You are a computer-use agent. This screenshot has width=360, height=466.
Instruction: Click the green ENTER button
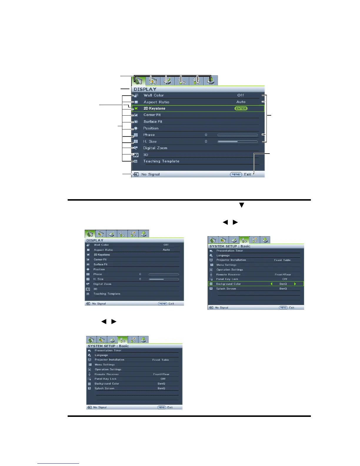pyautogui.click(x=241, y=109)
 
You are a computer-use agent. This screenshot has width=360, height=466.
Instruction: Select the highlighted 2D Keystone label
pyautogui.click(x=154, y=109)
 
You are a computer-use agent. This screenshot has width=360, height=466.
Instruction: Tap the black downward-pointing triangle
pyautogui.click(x=241, y=205)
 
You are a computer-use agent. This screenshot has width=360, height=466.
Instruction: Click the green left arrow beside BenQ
pyautogui.click(x=271, y=284)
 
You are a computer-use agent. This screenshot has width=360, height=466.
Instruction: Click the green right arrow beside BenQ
pyautogui.click(x=295, y=284)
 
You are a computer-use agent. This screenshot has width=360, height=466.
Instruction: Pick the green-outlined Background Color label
pyautogui.click(x=228, y=284)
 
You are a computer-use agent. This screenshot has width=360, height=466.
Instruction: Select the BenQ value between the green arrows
pyautogui.click(x=283, y=284)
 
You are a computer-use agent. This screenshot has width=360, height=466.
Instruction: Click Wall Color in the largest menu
pyautogui.click(x=154, y=95)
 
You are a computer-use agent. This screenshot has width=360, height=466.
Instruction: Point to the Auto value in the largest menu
pyautogui.click(x=241, y=102)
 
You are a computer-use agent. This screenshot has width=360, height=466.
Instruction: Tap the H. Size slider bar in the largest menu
pyautogui.click(x=237, y=142)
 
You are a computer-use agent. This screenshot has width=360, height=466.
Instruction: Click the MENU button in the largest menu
pyautogui.click(x=236, y=174)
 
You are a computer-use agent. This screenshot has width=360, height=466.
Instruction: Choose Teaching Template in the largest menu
pyautogui.click(x=161, y=161)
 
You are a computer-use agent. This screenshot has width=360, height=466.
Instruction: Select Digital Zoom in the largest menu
pyautogui.click(x=155, y=148)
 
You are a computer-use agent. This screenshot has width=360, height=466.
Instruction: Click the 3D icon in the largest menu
pyautogui.click(x=136, y=155)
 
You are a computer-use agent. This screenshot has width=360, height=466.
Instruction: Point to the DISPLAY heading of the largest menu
pyautogui.click(x=145, y=89)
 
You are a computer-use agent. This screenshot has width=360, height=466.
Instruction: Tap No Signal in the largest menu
pyautogui.click(x=150, y=174)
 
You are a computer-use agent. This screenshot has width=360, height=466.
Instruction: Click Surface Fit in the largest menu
pyautogui.click(x=153, y=122)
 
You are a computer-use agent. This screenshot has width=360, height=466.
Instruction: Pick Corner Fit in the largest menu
pyautogui.click(x=152, y=115)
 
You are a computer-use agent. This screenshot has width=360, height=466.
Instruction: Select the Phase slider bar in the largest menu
pyautogui.click(x=237, y=135)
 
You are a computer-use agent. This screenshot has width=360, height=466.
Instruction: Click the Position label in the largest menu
pyautogui.click(x=151, y=128)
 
